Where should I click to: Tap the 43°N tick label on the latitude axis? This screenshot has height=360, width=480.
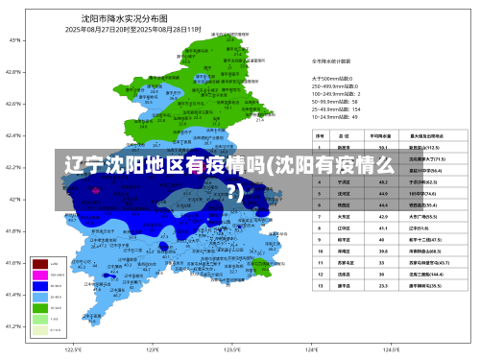coord(14,40)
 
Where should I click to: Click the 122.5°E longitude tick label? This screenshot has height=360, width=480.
coord(73,350)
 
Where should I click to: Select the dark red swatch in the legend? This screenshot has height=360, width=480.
coord(40,263)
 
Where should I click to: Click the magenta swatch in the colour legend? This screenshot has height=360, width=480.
coord(40,275)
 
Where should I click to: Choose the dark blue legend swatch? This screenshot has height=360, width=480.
coord(40,285)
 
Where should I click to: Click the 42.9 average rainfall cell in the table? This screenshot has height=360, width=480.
coord(383,217)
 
